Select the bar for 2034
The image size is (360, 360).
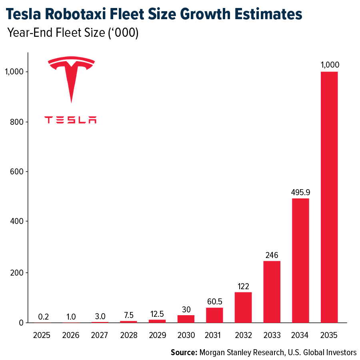[300, 260]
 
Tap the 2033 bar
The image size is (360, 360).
[272, 292]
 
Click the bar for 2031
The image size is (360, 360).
[214, 315]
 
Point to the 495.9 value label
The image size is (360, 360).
[300, 192]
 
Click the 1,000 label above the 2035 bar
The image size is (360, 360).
[329, 65]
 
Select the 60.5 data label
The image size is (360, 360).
[214, 301]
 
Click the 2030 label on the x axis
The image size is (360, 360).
[186, 335]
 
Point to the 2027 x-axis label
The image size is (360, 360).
[100, 335]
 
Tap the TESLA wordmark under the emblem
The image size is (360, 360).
[70, 120]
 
